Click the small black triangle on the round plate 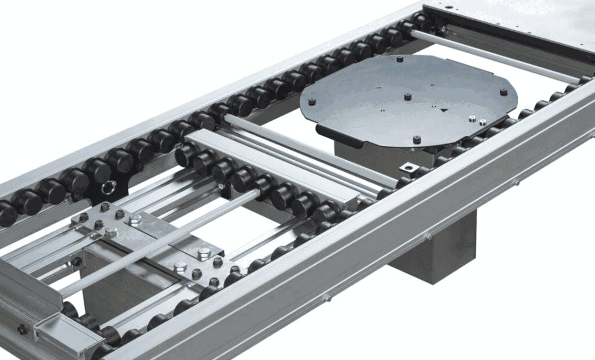pos(445,109)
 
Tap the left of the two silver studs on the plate pos(472,119)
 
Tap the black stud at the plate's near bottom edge pos(417,139)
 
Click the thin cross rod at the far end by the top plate pos(494,55)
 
